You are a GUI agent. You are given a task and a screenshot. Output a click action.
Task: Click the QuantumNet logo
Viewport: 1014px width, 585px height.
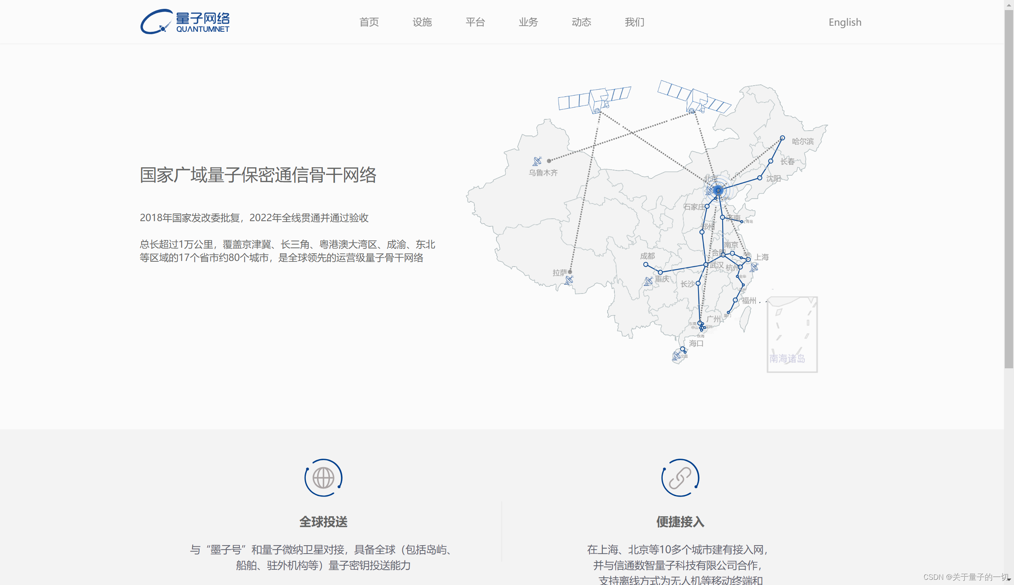(x=185, y=22)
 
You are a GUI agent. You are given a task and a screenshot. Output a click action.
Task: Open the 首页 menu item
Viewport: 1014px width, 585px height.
(x=369, y=22)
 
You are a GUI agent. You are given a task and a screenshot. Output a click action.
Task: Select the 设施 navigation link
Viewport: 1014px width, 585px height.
(x=422, y=22)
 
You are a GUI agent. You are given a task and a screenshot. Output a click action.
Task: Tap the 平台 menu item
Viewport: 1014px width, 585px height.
(x=475, y=22)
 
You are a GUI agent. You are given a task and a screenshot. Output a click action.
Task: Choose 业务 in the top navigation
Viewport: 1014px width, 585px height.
(x=528, y=22)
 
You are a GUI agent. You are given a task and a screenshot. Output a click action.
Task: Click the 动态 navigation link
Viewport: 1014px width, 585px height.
(x=581, y=22)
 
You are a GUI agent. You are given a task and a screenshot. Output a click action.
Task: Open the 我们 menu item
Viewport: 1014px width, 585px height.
(x=635, y=22)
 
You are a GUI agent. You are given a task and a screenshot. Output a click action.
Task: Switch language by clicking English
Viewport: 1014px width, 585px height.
(x=845, y=22)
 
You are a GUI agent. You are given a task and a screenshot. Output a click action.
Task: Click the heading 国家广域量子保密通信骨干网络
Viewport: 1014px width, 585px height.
(x=258, y=175)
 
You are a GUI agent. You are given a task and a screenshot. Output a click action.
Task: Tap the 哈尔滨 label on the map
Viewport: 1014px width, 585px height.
(x=802, y=141)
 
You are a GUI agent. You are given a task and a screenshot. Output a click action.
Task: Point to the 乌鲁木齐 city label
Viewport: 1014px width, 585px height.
(x=543, y=172)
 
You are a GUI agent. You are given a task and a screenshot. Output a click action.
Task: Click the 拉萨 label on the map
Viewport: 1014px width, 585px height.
(x=559, y=273)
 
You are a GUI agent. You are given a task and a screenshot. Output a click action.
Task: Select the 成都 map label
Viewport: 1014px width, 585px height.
(x=647, y=256)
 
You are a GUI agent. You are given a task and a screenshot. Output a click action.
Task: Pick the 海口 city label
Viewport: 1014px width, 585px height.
(x=696, y=343)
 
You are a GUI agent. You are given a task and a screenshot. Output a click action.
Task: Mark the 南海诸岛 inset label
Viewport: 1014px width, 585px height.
(x=787, y=358)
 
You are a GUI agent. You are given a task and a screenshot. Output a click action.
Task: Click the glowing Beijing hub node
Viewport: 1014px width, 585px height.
(x=718, y=190)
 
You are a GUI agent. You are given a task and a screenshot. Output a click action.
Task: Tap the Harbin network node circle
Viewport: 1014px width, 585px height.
(x=782, y=138)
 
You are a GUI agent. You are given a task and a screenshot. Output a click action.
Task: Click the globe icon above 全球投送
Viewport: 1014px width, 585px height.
(x=323, y=478)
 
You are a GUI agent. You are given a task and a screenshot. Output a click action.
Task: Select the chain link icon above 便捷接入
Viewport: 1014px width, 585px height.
(x=680, y=478)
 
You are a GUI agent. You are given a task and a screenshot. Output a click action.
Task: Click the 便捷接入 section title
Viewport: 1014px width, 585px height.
(x=680, y=521)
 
